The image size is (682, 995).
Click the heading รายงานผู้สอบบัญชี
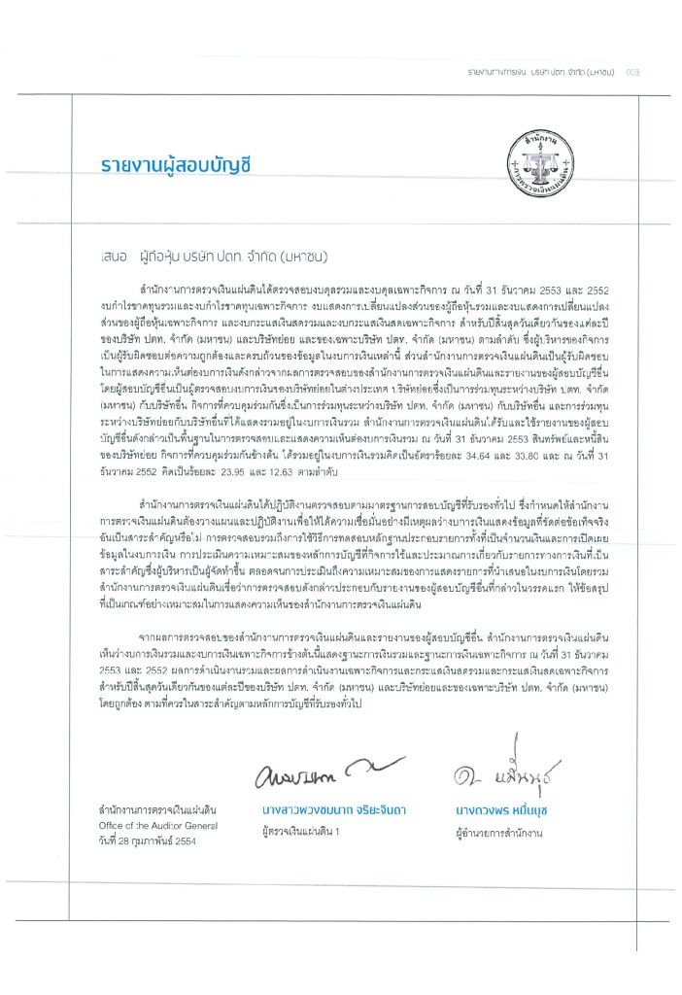pyautogui.click(x=175, y=163)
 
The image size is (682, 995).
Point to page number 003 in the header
pyautogui.click(x=632, y=72)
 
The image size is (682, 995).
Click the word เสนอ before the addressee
pyautogui.click(x=113, y=234)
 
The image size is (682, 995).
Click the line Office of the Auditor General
pyautogui.click(x=151, y=825)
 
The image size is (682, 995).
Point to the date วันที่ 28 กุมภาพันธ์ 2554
pyautogui.click(x=140, y=841)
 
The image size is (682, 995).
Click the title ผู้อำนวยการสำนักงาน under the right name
pyautogui.click(x=490, y=832)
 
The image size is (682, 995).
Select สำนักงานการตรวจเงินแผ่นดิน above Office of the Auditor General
pyautogui.click(x=151, y=809)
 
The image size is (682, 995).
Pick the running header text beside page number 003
pyautogui.click(x=540, y=72)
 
